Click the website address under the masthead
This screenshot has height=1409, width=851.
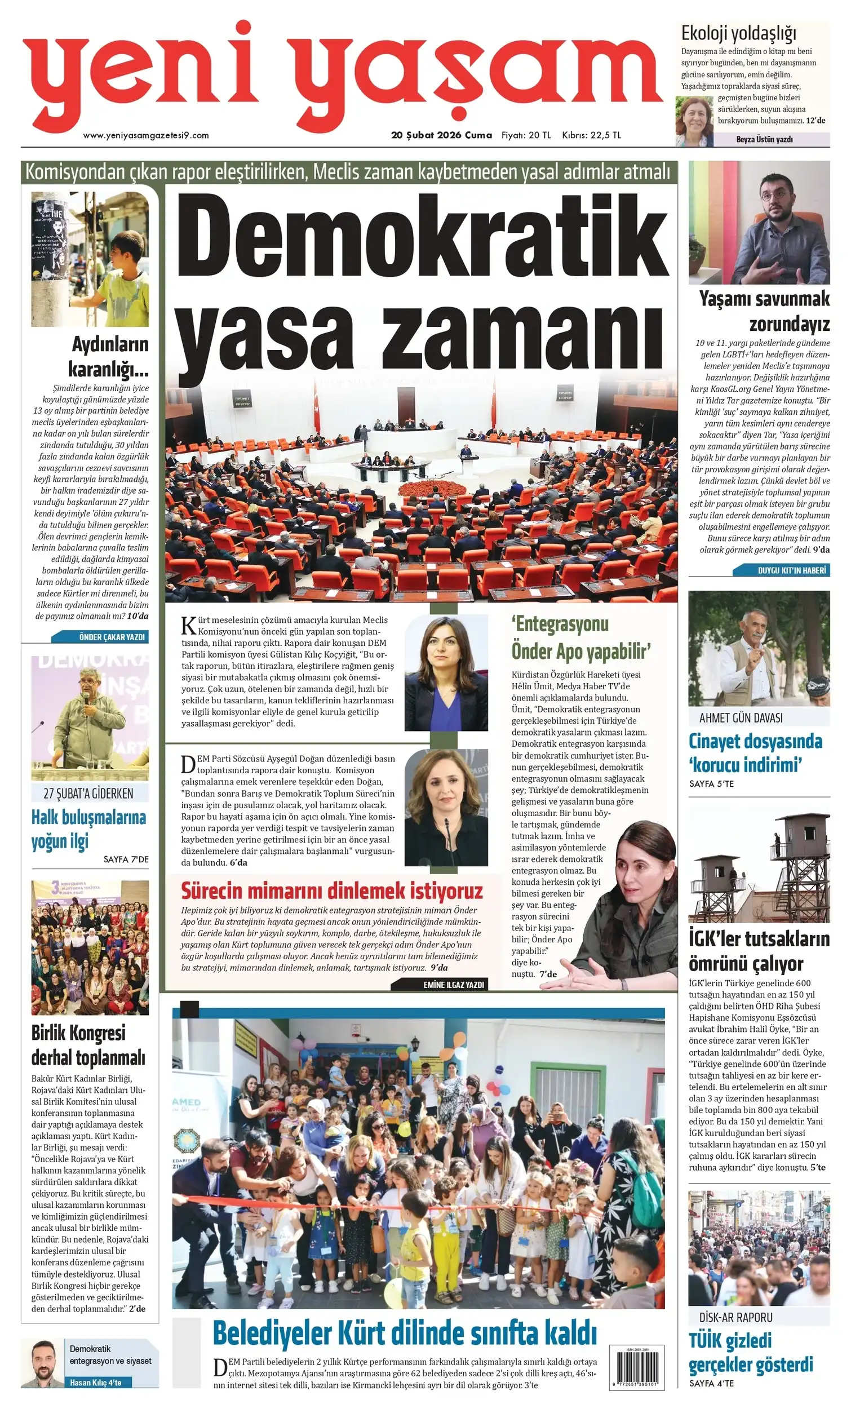(146, 135)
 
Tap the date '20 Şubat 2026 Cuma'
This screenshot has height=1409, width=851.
(441, 135)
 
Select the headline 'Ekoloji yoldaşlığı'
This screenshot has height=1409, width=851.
(738, 34)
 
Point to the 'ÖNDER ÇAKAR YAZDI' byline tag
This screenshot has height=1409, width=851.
(112, 637)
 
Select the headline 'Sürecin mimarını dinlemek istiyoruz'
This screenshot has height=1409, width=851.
(332, 891)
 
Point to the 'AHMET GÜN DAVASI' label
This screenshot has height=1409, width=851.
(741, 718)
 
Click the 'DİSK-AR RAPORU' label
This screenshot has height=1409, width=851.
(735, 1318)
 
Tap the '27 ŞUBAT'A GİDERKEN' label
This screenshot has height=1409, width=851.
(88, 793)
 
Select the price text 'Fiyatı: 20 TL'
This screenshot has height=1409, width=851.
(526, 135)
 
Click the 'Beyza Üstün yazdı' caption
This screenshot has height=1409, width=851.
(764, 140)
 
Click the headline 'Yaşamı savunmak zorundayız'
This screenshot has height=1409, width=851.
(764, 311)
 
